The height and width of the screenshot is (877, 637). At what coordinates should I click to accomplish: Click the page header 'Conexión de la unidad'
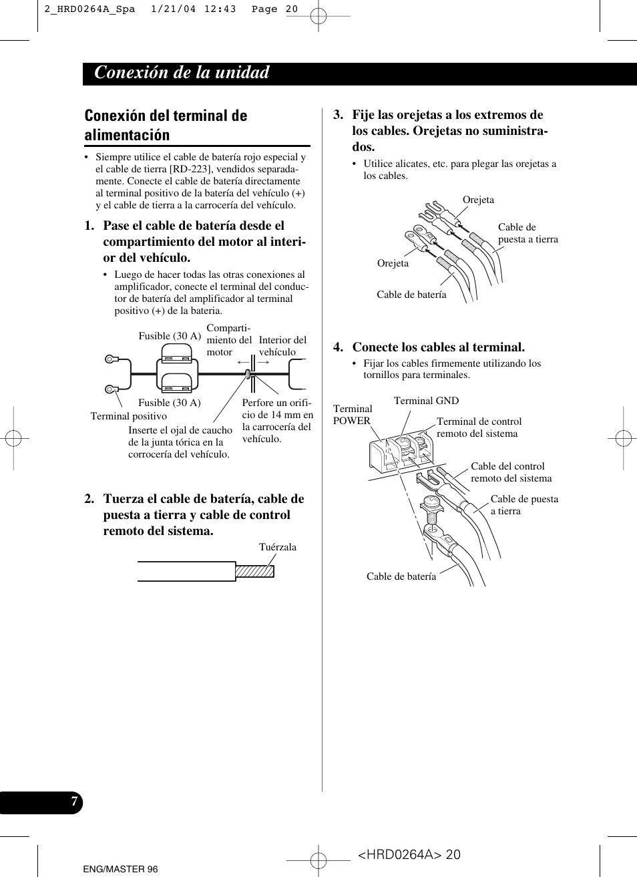[x=182, y=73]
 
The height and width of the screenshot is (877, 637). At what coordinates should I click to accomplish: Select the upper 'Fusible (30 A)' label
[x=170, y=336]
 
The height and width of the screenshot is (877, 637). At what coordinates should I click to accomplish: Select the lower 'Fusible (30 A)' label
[x=170, y=403]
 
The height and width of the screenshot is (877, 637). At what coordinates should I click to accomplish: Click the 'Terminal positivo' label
[x=129, y=416]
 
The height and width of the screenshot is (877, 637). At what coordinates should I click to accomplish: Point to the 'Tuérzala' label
[x=277, y=547]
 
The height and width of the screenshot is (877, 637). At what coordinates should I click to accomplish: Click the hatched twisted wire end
[x=255, y=571]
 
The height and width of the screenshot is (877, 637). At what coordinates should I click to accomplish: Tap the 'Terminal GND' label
[x=426, y=401]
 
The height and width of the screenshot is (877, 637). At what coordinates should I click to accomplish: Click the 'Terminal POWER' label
[x=352, y=415]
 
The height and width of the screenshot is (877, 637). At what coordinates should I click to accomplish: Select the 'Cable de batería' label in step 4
[x=401, y=576]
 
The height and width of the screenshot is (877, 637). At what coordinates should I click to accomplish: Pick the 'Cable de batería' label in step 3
[x=411, y=295]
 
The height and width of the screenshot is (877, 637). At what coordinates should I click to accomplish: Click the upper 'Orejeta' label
[x=478, y=200]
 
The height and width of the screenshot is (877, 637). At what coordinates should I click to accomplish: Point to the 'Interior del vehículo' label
[x=282, y=346]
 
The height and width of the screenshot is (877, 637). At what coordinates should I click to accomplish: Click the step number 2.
[x=89, y=499]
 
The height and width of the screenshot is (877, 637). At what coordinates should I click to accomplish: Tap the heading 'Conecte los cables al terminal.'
[x=438, y=347]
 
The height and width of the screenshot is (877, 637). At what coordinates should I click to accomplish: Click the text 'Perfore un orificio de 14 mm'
[x=276, y=409]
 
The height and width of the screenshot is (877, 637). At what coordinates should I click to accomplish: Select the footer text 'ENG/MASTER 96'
[x=120, y=869]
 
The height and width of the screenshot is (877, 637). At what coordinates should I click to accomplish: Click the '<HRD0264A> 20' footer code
[x=409, y=855]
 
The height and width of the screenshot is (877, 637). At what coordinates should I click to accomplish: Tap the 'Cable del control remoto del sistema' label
[x=511, y=472]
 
